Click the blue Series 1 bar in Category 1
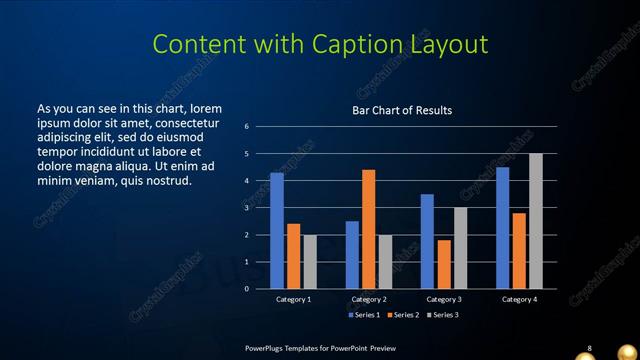click(x=277, y=231)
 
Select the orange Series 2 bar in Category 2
click(x=368, y=229)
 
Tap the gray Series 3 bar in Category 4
click(x=536, y=221)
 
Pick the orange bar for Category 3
click(x=443, y=264)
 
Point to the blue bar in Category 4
click(x=502, y=228)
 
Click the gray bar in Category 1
click(x=310, y=262)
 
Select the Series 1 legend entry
click(x=363, y=315)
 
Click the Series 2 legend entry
click(x=402, y=315)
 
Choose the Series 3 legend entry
click(x=441, y=315)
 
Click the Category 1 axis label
click(x=293, y=299)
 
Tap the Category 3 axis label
click(x=443, y=299)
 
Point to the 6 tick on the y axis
click(x=246, y=127)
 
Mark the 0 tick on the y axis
click(x=246, y=289)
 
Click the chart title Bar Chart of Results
click(x=402, y=110)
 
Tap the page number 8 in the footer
click(x=589, y=348)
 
